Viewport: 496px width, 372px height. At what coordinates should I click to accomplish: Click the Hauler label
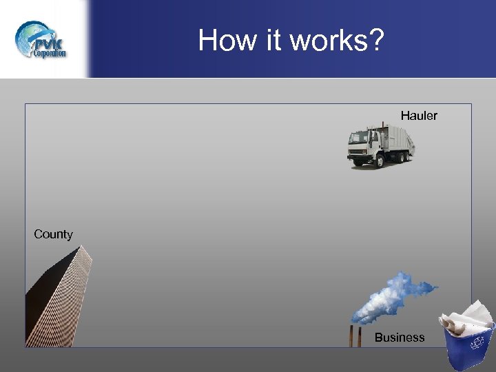(x=419, y=116)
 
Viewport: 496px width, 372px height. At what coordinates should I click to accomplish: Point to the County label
(x=53, y=234)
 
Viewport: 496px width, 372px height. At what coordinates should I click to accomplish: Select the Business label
(x=400, y=338)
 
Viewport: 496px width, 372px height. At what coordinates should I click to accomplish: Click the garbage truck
(x=381, y=146)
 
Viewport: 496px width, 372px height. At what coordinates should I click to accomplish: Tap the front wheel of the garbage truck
(x=359, y=163)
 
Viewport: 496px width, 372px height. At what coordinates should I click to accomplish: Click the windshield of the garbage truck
(x=356, y=138)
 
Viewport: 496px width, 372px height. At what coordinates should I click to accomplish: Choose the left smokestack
(x=352, y=336)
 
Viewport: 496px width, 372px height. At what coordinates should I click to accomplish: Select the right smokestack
(x=360, y=336)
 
